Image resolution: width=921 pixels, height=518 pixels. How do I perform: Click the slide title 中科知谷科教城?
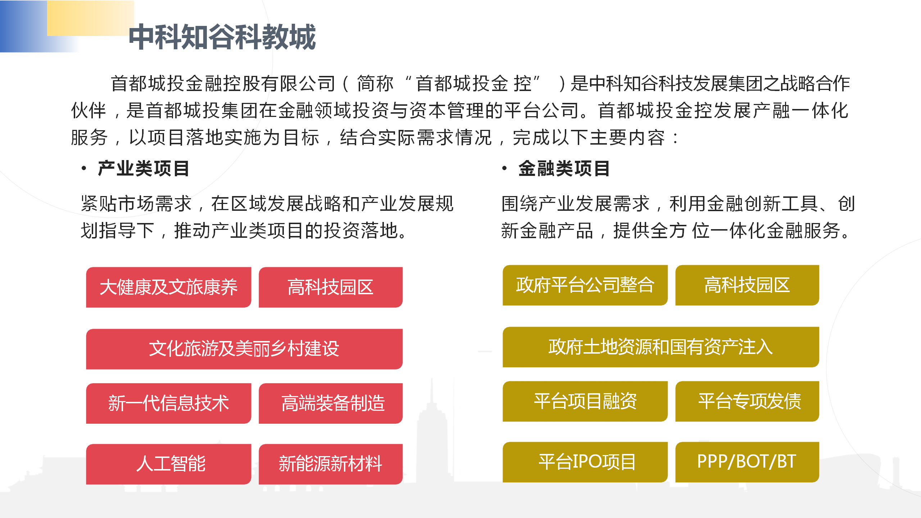(222, 37)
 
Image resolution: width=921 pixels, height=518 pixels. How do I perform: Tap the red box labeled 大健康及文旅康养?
(168, 287)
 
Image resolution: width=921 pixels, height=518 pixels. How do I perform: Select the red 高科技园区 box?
(330, 287)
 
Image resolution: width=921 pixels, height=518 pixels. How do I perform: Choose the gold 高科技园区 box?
(747, 285)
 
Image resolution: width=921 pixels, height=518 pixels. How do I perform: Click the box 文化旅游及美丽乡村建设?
(244, 349)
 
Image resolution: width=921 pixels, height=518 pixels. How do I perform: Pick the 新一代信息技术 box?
(168, 403)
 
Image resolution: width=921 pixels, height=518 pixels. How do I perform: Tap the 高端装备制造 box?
(330, 403)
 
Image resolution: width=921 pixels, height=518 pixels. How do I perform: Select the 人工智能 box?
(168, 464)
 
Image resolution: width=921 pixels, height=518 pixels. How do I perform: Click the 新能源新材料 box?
(330, 464)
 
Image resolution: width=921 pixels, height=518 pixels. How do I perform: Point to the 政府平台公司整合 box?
(585, 285)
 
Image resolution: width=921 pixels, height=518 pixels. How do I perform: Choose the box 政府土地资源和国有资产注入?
(661, 347)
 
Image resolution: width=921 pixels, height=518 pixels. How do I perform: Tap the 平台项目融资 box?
(585, 401)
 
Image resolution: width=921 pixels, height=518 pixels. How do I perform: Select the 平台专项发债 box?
(747, 401)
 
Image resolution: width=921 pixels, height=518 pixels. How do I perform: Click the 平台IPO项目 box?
(585, 462)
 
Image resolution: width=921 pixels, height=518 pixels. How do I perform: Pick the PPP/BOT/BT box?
(747, 462)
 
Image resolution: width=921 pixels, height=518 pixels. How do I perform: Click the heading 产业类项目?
(144, 168)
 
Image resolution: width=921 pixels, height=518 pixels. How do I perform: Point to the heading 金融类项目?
(564, 168)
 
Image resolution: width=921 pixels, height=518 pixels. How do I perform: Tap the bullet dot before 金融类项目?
(504, 168)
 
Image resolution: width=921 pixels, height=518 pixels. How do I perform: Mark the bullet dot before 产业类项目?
(84, 168)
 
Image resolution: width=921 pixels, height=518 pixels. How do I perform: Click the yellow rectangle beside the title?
(90, 18)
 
